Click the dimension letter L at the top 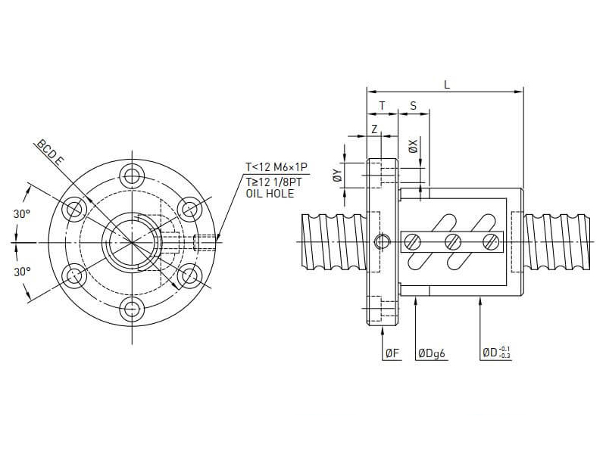tap(447, 85)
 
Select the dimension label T tap(382, 106)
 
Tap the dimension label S tap(413, 106)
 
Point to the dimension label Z tap(374, 129)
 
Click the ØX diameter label tap(413, 146)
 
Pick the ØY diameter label tap(338, 175)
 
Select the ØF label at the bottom tap(392, 353)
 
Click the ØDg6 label tap(432, 353)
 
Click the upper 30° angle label tap(22, 214)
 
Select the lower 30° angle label tap(22, 271)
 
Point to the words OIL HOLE tap(270, 194)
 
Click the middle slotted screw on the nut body tap(453, 242)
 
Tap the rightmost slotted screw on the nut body tap(491, 242)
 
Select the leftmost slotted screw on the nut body tap(413, 242)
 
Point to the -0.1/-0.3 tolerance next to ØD tap(506, 353)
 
